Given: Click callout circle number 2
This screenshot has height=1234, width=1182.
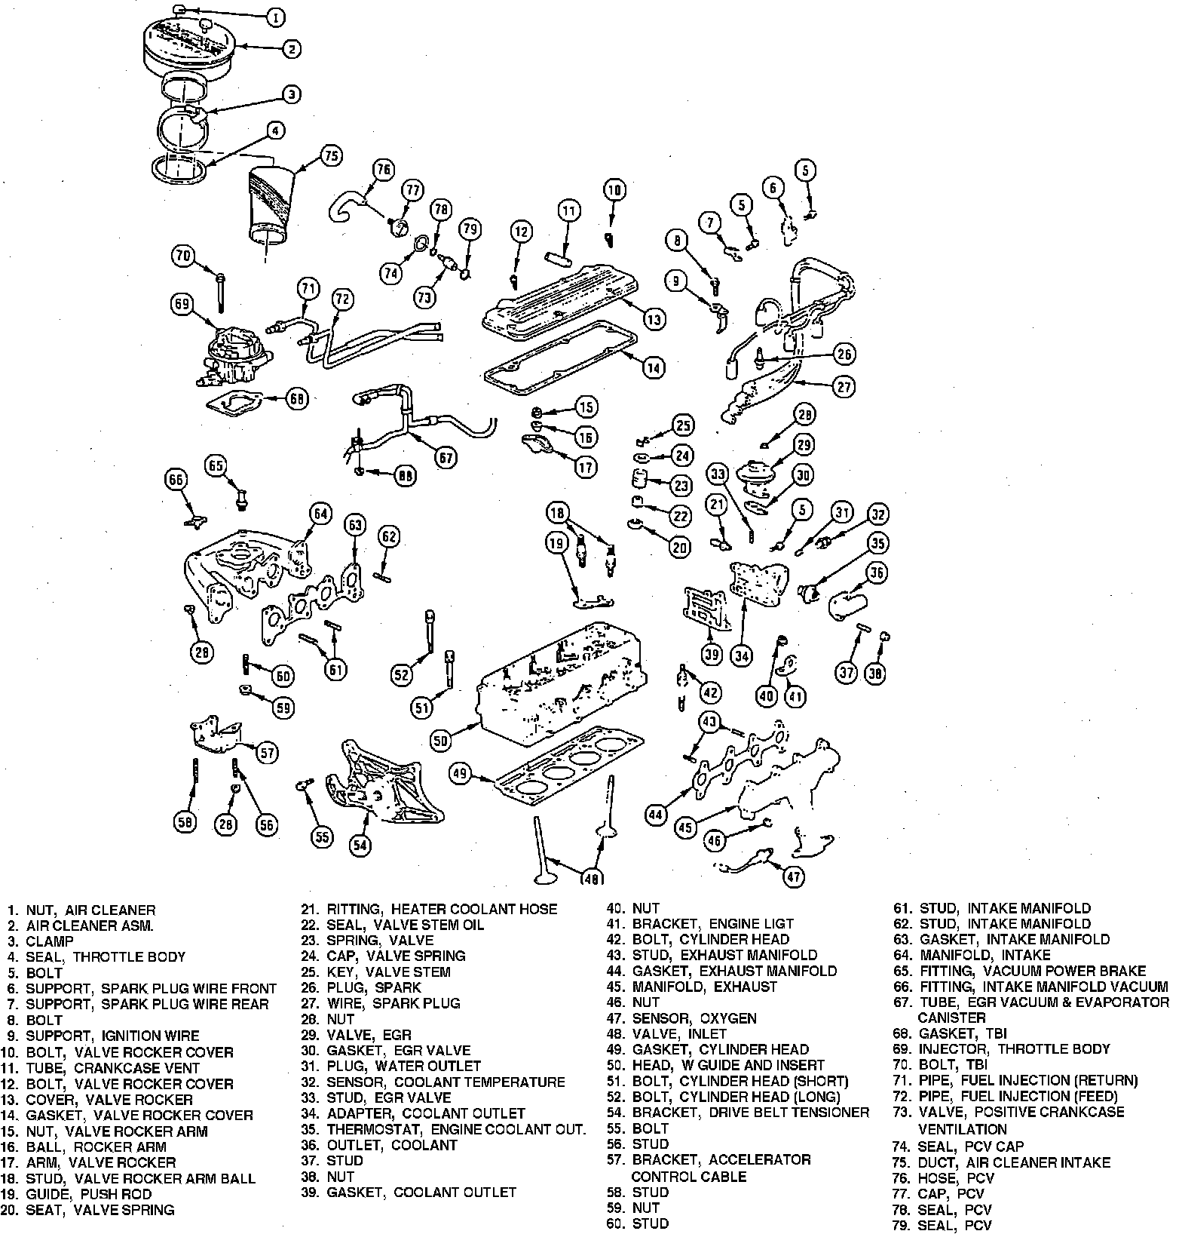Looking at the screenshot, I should pyautogui.click(x=291, y=50).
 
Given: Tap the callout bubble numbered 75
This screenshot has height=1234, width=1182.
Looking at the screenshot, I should pyautogui.click(x=330, y=156).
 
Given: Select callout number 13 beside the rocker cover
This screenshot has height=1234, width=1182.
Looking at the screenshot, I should pyautogui.click(x=654, y=320).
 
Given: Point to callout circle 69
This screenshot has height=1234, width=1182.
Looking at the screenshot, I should pyautogui.click(x=182, y=305).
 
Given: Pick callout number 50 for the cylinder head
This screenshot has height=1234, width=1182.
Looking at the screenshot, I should pyautogui.click(x=440, y=740).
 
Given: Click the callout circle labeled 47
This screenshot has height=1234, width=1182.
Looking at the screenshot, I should pyautogui.click(x=794, y=876).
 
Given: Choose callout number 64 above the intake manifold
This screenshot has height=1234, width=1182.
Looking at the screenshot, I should pyautogui.click(x=320, y=514).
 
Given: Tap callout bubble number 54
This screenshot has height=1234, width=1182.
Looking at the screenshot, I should pyautogui.click(x=360, y=846).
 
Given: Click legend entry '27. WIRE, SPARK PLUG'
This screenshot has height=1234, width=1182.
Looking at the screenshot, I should pyautogui.click(x=393, y=1003).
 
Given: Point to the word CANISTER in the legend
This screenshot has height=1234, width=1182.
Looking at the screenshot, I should pyautogui.click(x=951, y=1018).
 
